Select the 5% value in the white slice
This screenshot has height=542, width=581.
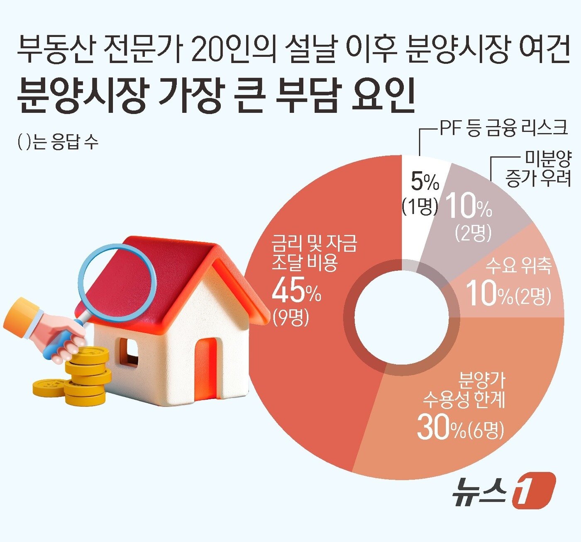coord(425,182)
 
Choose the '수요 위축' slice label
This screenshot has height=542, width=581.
coord(518,265)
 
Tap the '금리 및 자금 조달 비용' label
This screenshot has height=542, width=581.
coord(314,253)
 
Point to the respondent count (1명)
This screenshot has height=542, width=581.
coord(420,206)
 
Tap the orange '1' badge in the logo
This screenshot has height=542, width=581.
coord(534,490)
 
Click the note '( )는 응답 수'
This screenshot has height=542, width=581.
coord(58,142)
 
